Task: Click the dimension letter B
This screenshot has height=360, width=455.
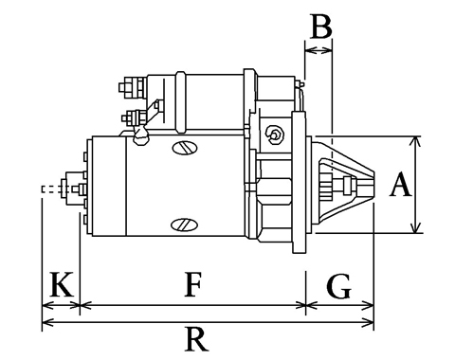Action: pos(321,27)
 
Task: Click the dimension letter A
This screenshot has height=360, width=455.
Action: pos(401,184)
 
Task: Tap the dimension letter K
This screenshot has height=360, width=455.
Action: pos(62,284)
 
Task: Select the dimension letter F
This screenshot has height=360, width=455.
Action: pos(192,285)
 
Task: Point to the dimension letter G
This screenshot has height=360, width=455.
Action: pos(338,286)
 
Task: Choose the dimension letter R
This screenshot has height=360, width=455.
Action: pos(196,339)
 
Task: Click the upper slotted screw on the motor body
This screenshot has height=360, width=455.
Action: pos(185,148)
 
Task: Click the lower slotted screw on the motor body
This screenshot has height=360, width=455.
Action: pos(184,225)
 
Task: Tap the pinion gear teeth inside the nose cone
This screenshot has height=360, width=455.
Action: pos(326,186)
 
